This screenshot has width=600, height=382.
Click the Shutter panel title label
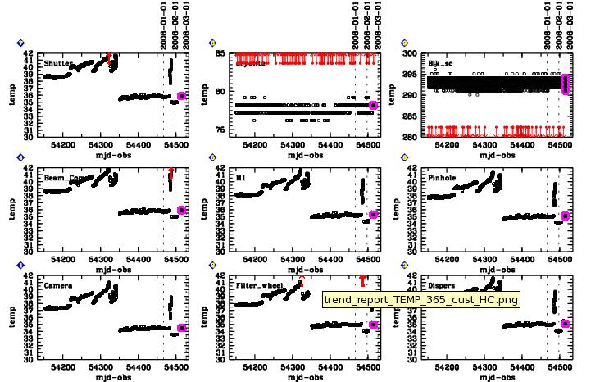pos(57,63)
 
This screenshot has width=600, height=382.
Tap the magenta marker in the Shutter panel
pos(182,96)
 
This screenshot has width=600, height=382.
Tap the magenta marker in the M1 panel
pos(373,215)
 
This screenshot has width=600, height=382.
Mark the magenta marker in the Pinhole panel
pos(565,216)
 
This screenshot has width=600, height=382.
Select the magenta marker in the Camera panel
pos(181,328)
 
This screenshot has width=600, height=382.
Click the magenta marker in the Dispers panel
pos(565,324)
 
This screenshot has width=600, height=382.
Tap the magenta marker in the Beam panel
pos(181,211)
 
